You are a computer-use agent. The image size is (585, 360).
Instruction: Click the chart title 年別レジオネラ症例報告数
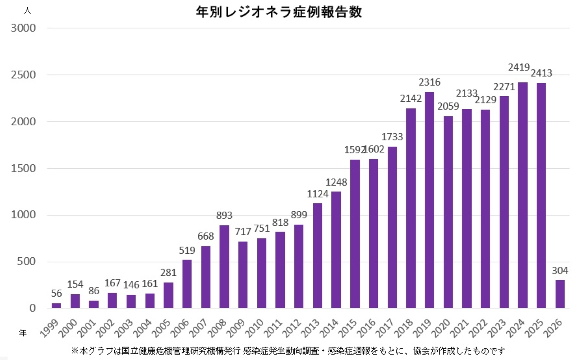[x=279, y=12]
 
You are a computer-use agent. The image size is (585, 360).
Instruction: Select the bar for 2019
[x=429, y=200]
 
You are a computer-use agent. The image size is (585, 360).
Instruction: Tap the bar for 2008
[x=224, y=267]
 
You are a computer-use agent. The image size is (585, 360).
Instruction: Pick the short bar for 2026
[x=560, y=294]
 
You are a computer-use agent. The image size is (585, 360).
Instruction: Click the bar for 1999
[x=56, y=306]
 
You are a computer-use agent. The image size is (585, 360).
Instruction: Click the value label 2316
[x=429, y=82]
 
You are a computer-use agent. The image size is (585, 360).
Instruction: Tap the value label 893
[x=224, y=216]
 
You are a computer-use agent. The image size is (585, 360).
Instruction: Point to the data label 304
[x=560, y=271]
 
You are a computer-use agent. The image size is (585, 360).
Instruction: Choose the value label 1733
[x=392, y=137]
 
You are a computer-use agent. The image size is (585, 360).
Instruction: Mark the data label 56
[x=56, y=293]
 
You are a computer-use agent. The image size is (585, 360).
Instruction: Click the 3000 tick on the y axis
[x=23, y=28]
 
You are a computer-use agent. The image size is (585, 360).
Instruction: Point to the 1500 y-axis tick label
[x=23, y=168]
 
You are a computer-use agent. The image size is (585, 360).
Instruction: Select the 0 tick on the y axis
[x=33, y=308]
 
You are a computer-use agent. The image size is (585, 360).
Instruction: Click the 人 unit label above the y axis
[x=27, y=11]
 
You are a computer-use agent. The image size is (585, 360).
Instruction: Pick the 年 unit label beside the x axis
[x=23, y=332]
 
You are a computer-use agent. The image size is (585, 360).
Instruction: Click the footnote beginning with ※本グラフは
[x=288, y=351]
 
